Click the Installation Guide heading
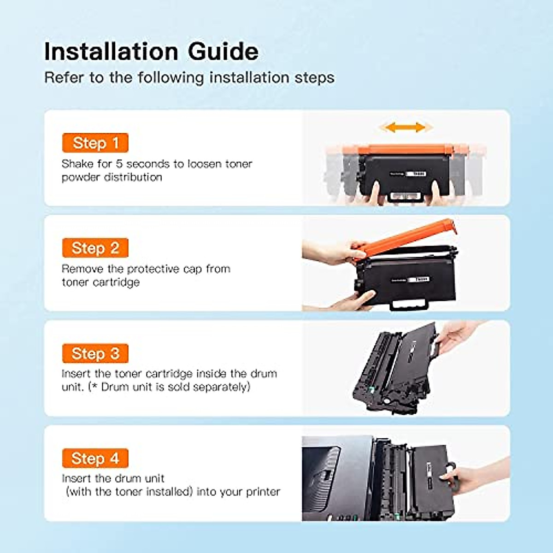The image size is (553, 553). (x=151, y=51)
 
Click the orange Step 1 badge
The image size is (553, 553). (x=95, y=143)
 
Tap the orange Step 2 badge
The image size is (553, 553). (x=95, y=248)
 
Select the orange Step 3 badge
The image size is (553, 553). (x=95, y=353)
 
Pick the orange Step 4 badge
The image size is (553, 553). (x=95, y=459)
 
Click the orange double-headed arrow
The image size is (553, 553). (x=405, y=127)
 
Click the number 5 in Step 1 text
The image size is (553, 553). (x=119, y=164)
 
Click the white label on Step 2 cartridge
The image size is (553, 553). (x=420, y=279)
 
